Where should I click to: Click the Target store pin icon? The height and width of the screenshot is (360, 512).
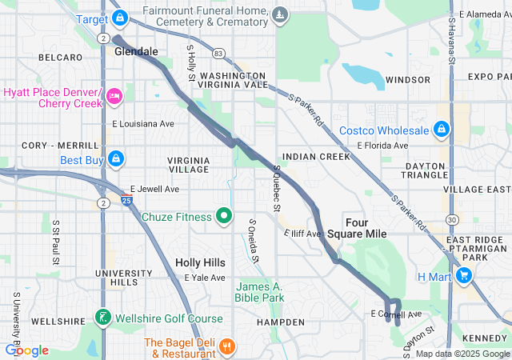point(119,17)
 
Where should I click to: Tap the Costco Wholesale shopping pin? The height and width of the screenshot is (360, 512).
point(441,130)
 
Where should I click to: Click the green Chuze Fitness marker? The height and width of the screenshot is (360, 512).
point(225,216)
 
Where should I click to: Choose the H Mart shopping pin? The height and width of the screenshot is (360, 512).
point(464,276)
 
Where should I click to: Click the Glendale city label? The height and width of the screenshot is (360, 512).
point(136,51)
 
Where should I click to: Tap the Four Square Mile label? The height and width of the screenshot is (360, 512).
point(366,227)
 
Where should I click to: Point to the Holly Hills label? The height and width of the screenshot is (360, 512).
point(200,262)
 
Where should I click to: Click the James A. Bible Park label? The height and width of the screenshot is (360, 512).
point(259,292)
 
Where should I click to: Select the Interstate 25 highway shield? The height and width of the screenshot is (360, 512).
point(127,200)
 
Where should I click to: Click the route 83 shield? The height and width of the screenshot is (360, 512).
point(219,52)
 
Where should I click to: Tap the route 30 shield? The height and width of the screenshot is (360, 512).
point(453,218)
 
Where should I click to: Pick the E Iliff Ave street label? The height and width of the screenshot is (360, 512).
point(302,233)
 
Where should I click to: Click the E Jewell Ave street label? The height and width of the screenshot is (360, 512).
point(156,190)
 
